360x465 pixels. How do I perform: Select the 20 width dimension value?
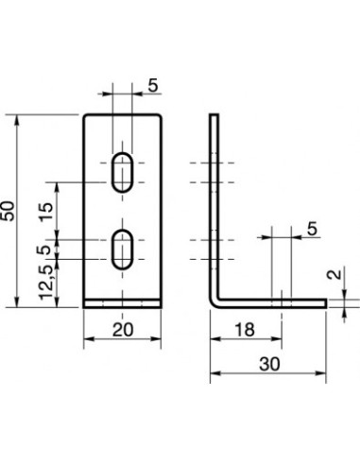pyautogui.click(x=125, y=330)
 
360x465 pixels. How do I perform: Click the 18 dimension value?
pyautogui.click(x=245, y=330)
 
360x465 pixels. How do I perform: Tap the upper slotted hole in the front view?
pyautogui.click(x=124, y=172)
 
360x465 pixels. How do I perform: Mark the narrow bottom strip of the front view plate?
pyautogui.click(x=124, y=304)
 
